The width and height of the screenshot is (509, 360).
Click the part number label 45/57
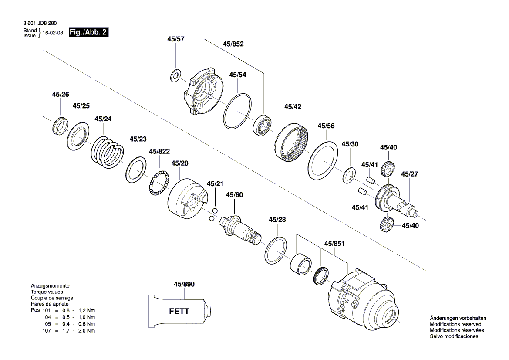175,39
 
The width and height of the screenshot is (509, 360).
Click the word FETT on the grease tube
179,312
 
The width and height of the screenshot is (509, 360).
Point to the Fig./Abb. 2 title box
88,32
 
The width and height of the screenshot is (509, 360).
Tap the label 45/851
334,244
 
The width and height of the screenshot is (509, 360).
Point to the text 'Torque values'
47,292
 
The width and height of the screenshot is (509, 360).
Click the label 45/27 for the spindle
409,174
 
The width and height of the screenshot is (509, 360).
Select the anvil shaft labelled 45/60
241,228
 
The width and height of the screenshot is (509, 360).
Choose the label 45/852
233,44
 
